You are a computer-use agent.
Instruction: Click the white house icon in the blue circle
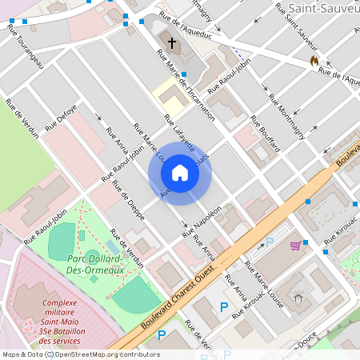coord(180,173)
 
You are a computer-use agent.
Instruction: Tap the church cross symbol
coord(170,42)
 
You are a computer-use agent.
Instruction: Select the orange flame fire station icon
coord(314,60)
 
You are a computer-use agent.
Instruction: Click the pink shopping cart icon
coord(295,245)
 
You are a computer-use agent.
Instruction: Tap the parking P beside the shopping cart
coord(270,241)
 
